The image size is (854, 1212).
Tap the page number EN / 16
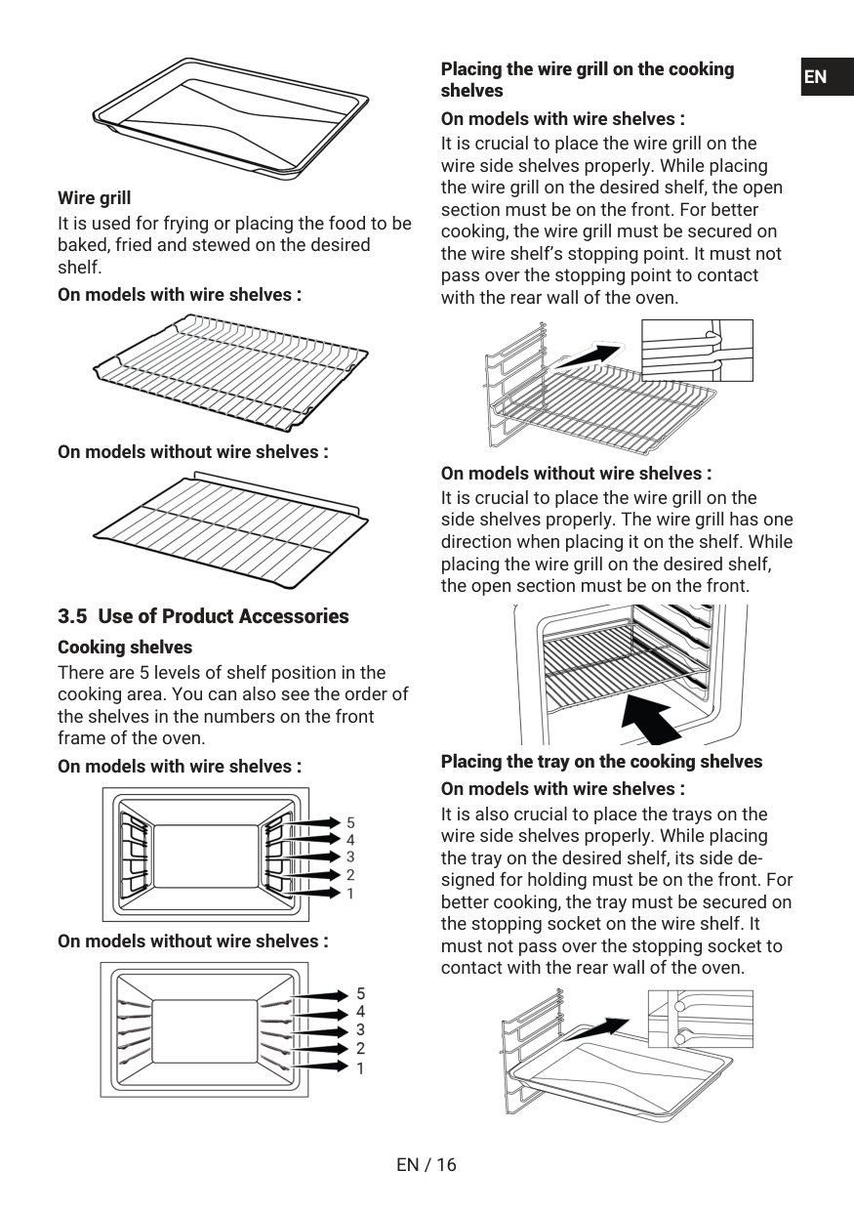(x=427, y=1164)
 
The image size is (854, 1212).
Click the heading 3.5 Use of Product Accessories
(x=203, y=616)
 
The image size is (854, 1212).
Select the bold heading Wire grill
(x=94, y=198)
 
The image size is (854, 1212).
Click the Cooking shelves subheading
(x=125, y=648)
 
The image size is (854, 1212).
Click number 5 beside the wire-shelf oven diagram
(x=350, y=821)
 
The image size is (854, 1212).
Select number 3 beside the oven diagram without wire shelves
(x=360, y=1029)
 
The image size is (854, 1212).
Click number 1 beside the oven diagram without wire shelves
(x=360, y=1068)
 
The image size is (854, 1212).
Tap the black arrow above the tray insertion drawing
(x=599, y=1028)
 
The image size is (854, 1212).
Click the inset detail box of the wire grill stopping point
(x=697, y=351)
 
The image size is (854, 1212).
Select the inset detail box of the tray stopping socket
(x=700, y=1019)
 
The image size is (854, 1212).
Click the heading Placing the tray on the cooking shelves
(x=601, y=762)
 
